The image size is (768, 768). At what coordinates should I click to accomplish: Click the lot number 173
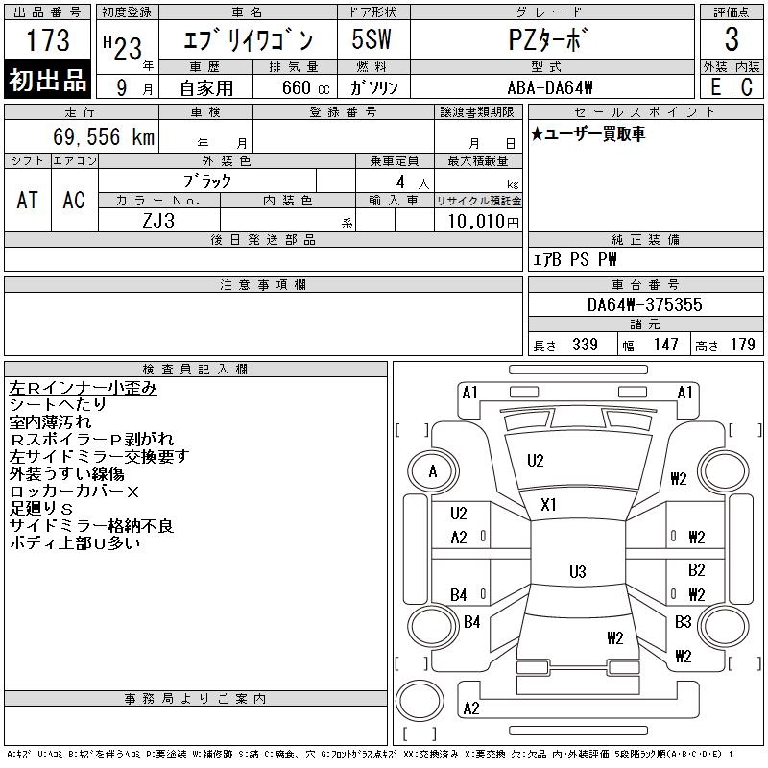48,41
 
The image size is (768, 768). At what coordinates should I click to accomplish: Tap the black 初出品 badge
48,81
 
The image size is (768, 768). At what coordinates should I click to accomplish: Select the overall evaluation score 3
732,40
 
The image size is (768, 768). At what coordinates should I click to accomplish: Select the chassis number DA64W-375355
644,304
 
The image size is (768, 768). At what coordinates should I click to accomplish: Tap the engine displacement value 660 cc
294,86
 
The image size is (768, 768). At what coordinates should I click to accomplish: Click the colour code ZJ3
158,220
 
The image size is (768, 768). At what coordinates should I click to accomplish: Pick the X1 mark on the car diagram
549,505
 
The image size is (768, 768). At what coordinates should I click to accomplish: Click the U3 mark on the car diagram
577,572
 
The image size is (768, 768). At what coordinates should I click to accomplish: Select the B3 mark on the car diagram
683,622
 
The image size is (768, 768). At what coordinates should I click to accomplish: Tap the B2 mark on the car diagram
696,570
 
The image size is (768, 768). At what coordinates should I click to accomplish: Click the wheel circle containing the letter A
433,471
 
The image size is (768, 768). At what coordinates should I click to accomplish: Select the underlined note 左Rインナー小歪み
83,388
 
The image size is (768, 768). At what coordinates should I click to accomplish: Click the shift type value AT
28,200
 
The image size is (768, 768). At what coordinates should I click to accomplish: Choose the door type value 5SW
368,40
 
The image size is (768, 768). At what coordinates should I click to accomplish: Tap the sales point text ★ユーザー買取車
588,133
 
